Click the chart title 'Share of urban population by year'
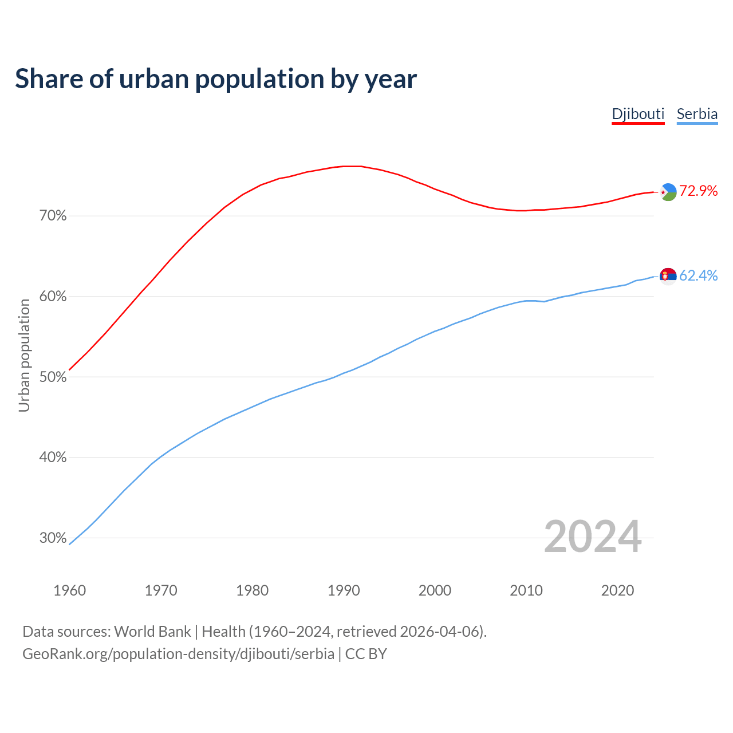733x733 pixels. coord(216,79)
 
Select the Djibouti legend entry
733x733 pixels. coord(638,114)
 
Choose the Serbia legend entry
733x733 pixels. coord(697,114)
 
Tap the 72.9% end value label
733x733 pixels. coord(698,191)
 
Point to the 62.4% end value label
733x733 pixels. coord(698,276)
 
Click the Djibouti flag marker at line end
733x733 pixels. coord(668,192)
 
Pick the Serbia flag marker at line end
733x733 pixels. coord(668,276)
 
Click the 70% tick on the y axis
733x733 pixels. coord(53,216)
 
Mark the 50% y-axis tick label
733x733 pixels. coord(53,377)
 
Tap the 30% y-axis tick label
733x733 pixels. coord(53,538)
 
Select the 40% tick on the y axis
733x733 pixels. coord(53,458)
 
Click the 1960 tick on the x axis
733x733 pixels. coord(69,590)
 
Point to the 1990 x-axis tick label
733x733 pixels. coord(344,590)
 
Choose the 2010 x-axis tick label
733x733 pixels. coord(526,590)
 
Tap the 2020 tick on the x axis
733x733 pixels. coord(617,590)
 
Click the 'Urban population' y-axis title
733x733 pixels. coord(24,355)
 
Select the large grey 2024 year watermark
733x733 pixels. coord(593,537)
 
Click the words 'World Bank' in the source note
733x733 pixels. coord(152,632)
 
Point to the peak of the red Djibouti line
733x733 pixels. coord(352,166)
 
